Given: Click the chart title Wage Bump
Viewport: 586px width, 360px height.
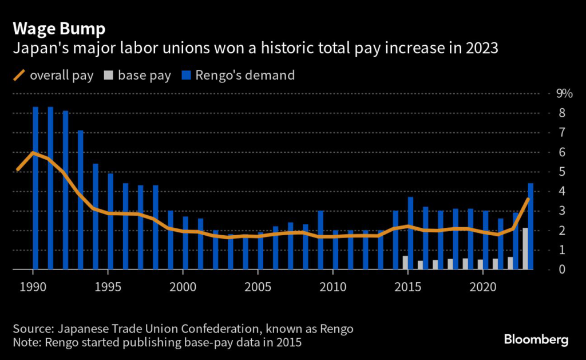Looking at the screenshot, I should tap(59, 28).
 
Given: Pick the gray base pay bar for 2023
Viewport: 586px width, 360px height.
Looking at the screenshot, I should tap(525, 248).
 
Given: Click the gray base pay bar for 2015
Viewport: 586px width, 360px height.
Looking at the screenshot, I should tap(405, 262).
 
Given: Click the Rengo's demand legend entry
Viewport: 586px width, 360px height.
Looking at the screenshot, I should tap(239, 75).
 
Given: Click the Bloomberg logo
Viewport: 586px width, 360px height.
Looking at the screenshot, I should tap(536, 339).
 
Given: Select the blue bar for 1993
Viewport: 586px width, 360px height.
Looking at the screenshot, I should tap(80, 200).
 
